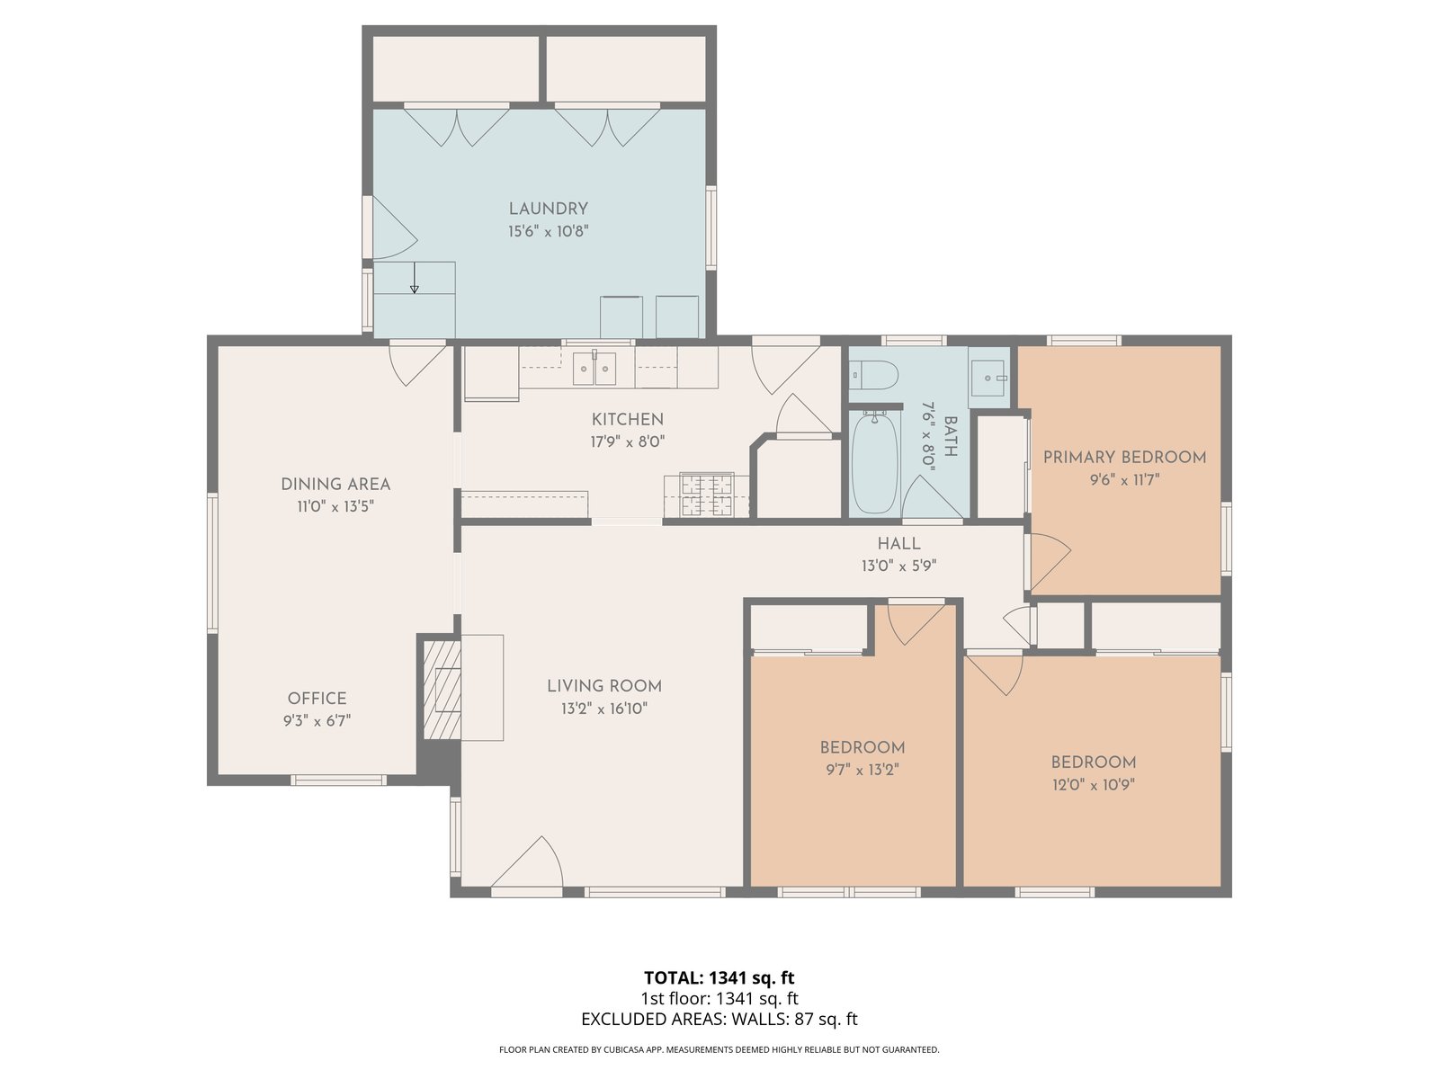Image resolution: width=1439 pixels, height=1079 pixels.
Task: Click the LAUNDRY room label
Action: tap(548, 209)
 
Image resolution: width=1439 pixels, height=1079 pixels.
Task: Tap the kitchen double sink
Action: tap(594, 368)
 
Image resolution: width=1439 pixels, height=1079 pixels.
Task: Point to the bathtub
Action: tap(874, 462)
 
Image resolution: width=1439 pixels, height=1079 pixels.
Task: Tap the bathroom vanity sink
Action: tap(988, 378)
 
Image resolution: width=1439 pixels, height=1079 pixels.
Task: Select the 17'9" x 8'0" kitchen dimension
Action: tap(628, 442)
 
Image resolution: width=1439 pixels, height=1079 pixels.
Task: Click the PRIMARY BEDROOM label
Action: tap(1124, 458)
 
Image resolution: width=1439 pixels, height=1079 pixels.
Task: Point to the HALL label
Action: tap(898, 544)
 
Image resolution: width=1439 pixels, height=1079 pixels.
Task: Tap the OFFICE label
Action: tap(317, 699)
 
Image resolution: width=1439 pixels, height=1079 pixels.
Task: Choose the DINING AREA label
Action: tap(335, 485)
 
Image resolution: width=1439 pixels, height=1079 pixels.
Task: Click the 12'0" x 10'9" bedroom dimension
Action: tap(1093, 785)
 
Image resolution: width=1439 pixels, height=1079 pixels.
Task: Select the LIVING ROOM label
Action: tap(604, 687)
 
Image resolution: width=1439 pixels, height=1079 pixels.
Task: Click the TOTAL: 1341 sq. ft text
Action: tap(719, 978)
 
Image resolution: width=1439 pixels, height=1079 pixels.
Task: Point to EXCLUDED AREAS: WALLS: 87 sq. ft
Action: tap(719, 1020)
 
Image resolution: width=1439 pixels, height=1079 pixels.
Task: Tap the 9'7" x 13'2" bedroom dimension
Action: tap(863, 770)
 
